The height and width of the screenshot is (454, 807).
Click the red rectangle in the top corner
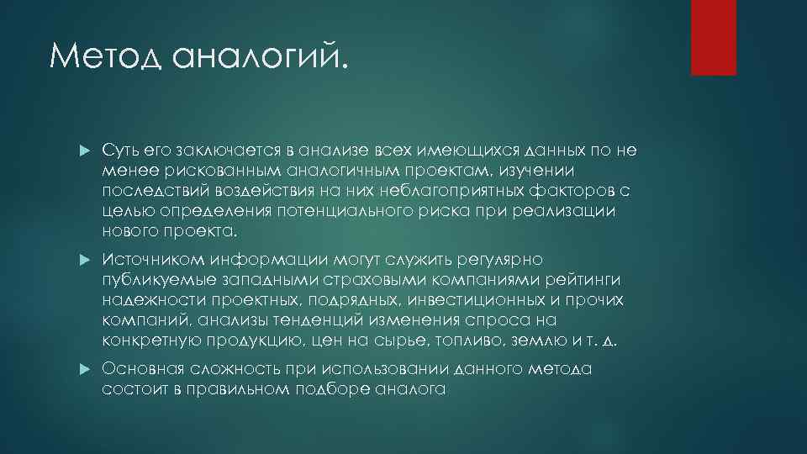pyautogui.click(x=713, y=37)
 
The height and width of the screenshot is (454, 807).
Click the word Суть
pyautogui.click(x=122, y=150)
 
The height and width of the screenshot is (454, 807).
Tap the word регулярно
pyautogui.click(x=504, y=260)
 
